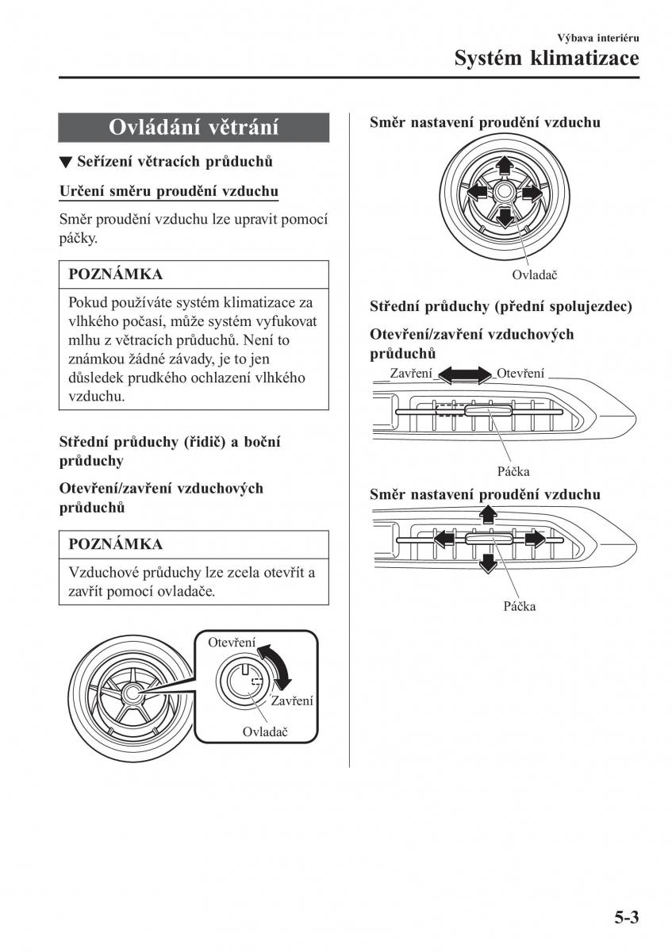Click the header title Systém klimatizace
pyautogui.click(x=547, y=58)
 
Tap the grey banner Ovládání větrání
pyautogui.click(x=194, y=128)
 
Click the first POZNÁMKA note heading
pyautogui.click(x=116, y=274)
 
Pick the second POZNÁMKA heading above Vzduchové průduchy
pyautogui.click(x=116, y=544)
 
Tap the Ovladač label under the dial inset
pyautogui.click(x=264, y=732)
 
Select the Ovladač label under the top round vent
pyautogui.click(x=535, y=274)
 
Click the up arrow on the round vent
pyautogui.click(x=503, y=165)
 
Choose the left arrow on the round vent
pyautogui.click(x=476, y=191)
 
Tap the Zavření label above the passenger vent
pyautogui.click(x=411, y=374)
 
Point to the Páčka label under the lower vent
pyautogui.click(x=519, y=606)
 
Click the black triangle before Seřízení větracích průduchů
pyautogui.click(x=66, y=163)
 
